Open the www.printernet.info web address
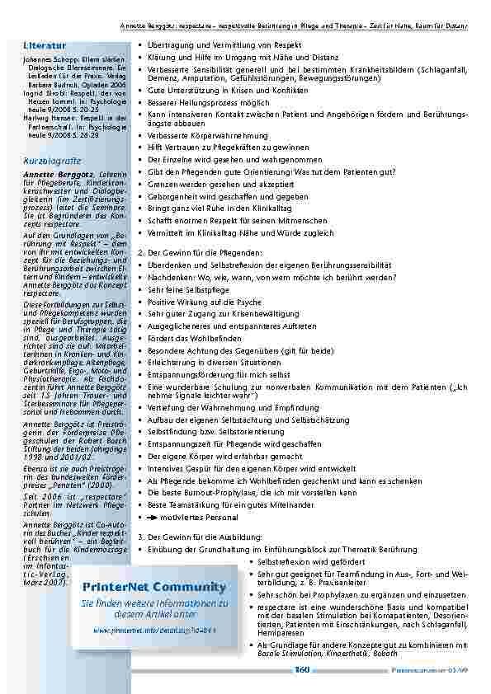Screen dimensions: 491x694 click(x=153, y=629)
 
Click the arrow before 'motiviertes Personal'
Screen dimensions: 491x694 click(x=152, y=518)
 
